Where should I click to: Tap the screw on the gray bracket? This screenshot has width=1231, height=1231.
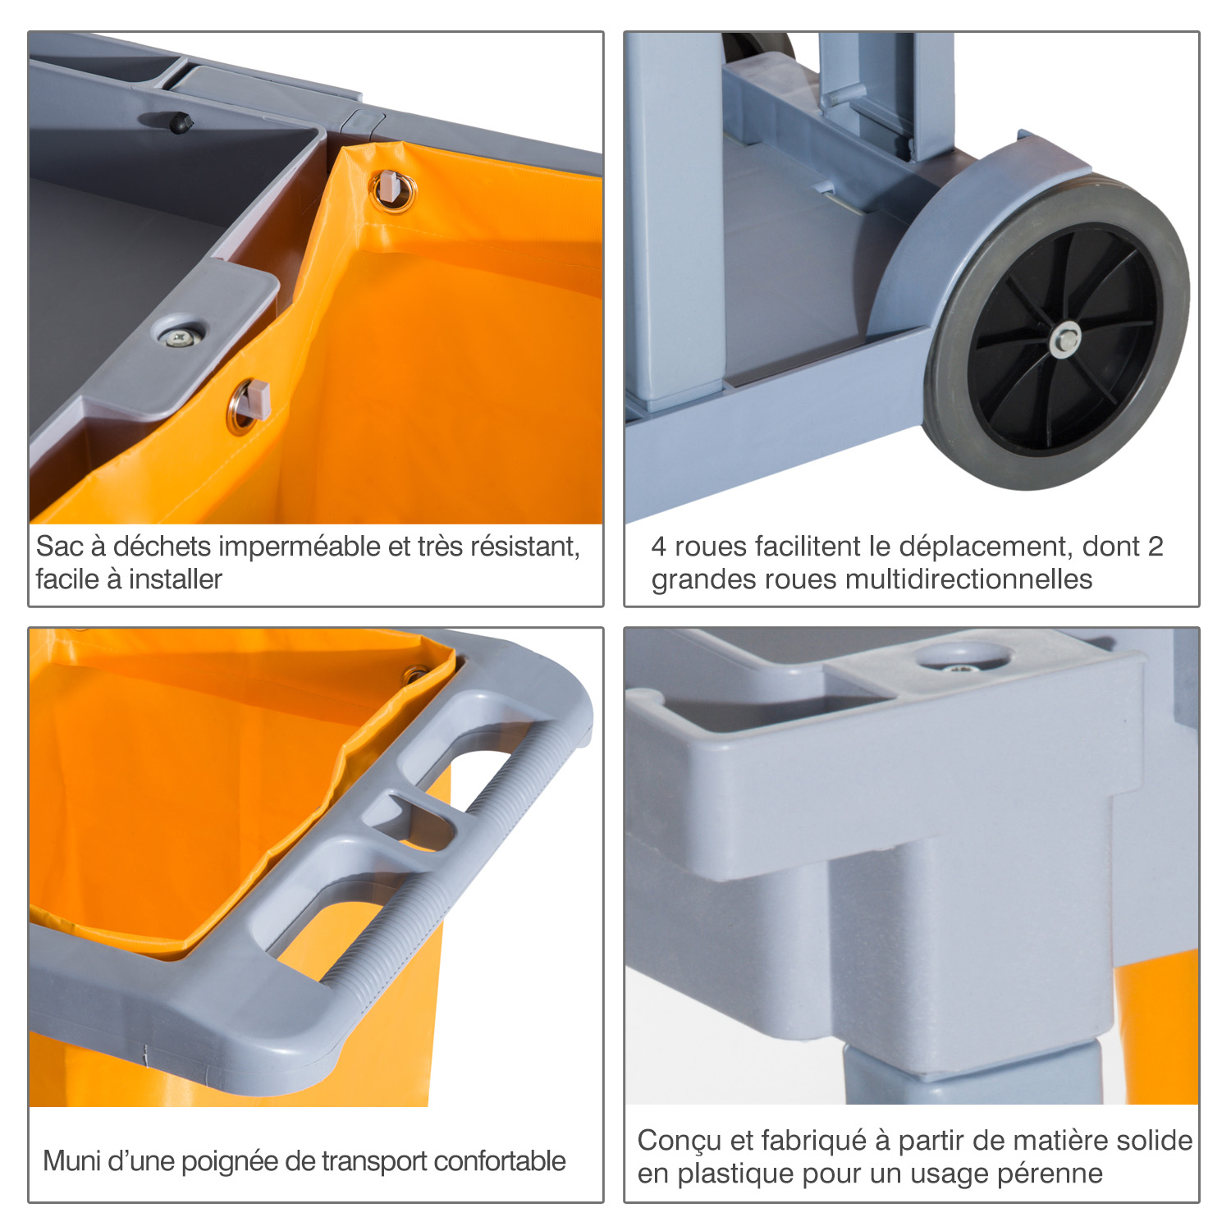tap(177, 336)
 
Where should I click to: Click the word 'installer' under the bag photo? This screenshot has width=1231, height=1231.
tap(175, 579)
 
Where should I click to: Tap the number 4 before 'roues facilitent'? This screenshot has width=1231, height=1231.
tap(658, 547)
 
